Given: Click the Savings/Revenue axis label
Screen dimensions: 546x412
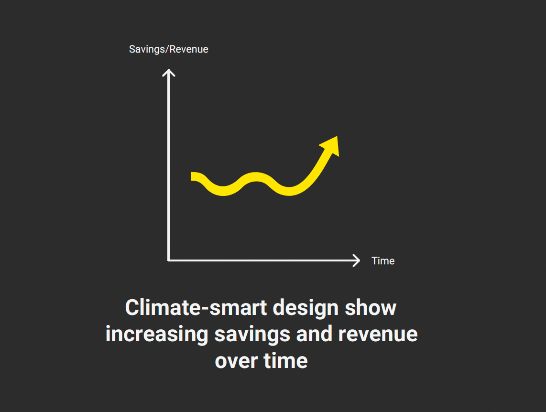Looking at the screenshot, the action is click(x=169, y=49).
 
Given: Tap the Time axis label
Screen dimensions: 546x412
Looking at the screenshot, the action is click(x=383, y=260).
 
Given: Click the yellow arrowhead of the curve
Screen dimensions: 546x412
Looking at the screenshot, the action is click(x=330, y=146).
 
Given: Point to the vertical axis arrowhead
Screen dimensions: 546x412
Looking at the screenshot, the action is click(x=169, y=72).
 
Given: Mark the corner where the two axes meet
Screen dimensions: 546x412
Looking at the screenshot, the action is click(x=169, y=260).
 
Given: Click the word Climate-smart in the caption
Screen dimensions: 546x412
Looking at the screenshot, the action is click(x=196, y=308).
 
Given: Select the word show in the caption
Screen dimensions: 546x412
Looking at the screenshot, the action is click(x=371, y=308).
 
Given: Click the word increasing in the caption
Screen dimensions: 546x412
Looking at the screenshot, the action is click(x=157, y=335).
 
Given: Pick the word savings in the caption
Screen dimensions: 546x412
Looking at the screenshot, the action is click(x=252, y=335).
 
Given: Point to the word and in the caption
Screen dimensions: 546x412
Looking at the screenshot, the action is click(x=314, y=334).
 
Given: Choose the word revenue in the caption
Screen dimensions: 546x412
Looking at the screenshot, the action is click(x=378, y=335).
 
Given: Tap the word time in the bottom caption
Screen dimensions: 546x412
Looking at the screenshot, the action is click(x=285, y=360).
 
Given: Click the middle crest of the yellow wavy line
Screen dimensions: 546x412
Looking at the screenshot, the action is click(x=256, y=176).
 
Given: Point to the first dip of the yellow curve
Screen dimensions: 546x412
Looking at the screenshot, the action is click(x=223, y=191).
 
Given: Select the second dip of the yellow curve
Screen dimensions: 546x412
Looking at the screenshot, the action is click(x=289, y=191).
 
